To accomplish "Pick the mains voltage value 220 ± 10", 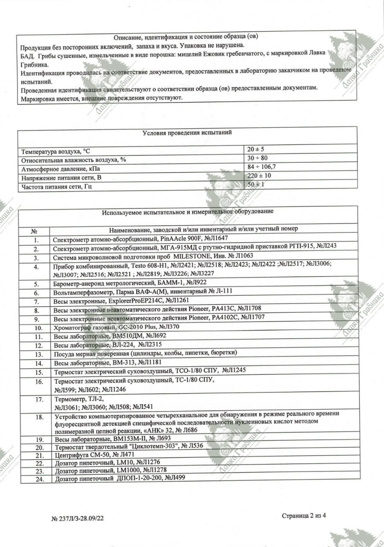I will point(260,176).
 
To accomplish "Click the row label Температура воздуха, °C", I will point(56,151).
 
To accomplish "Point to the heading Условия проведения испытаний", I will point(187,132).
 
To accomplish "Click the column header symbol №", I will point(35,230).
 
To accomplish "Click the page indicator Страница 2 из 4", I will point(304,516).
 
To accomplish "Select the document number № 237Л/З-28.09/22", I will point(78,518).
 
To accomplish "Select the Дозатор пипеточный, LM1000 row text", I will point(107,471).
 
